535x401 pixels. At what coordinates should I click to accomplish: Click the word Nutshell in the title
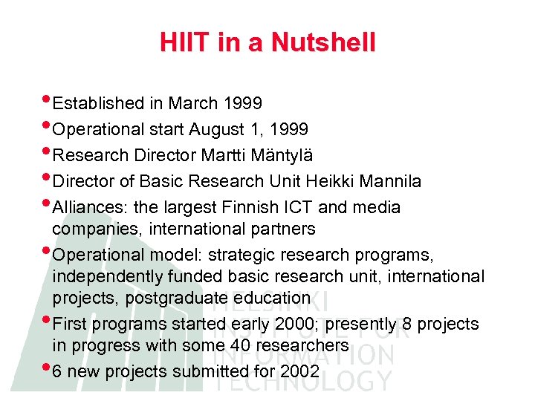(x=323, y=42)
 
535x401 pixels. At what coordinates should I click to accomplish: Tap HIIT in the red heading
(x=186, y=42)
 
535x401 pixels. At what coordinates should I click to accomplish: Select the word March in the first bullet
(x=192, y=103)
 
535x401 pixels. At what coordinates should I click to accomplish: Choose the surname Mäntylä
(x=285, y=156)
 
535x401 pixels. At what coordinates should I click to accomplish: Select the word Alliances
(x=84, y=207)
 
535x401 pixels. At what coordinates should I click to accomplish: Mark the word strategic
(x=241, y=255)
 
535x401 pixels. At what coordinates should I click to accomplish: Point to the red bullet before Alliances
(x=48, y=203)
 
